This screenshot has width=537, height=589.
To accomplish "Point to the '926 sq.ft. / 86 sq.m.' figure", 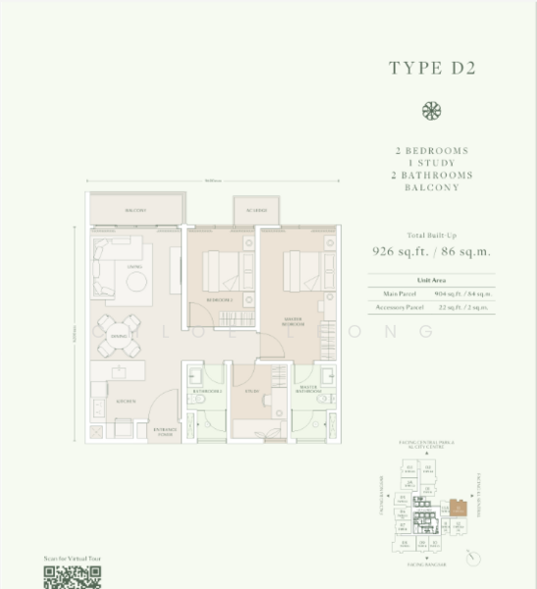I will coord(431,250).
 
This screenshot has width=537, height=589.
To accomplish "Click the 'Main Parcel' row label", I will coord(392,294).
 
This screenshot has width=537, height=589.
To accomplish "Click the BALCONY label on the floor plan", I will coord(135,210).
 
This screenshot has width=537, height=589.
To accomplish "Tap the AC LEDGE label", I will coord(256,210).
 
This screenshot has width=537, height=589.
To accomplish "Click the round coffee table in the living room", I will coord(135,281).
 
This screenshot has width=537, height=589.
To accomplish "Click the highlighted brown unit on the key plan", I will coord(458,509).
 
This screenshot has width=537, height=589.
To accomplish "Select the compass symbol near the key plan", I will coord(474,557).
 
